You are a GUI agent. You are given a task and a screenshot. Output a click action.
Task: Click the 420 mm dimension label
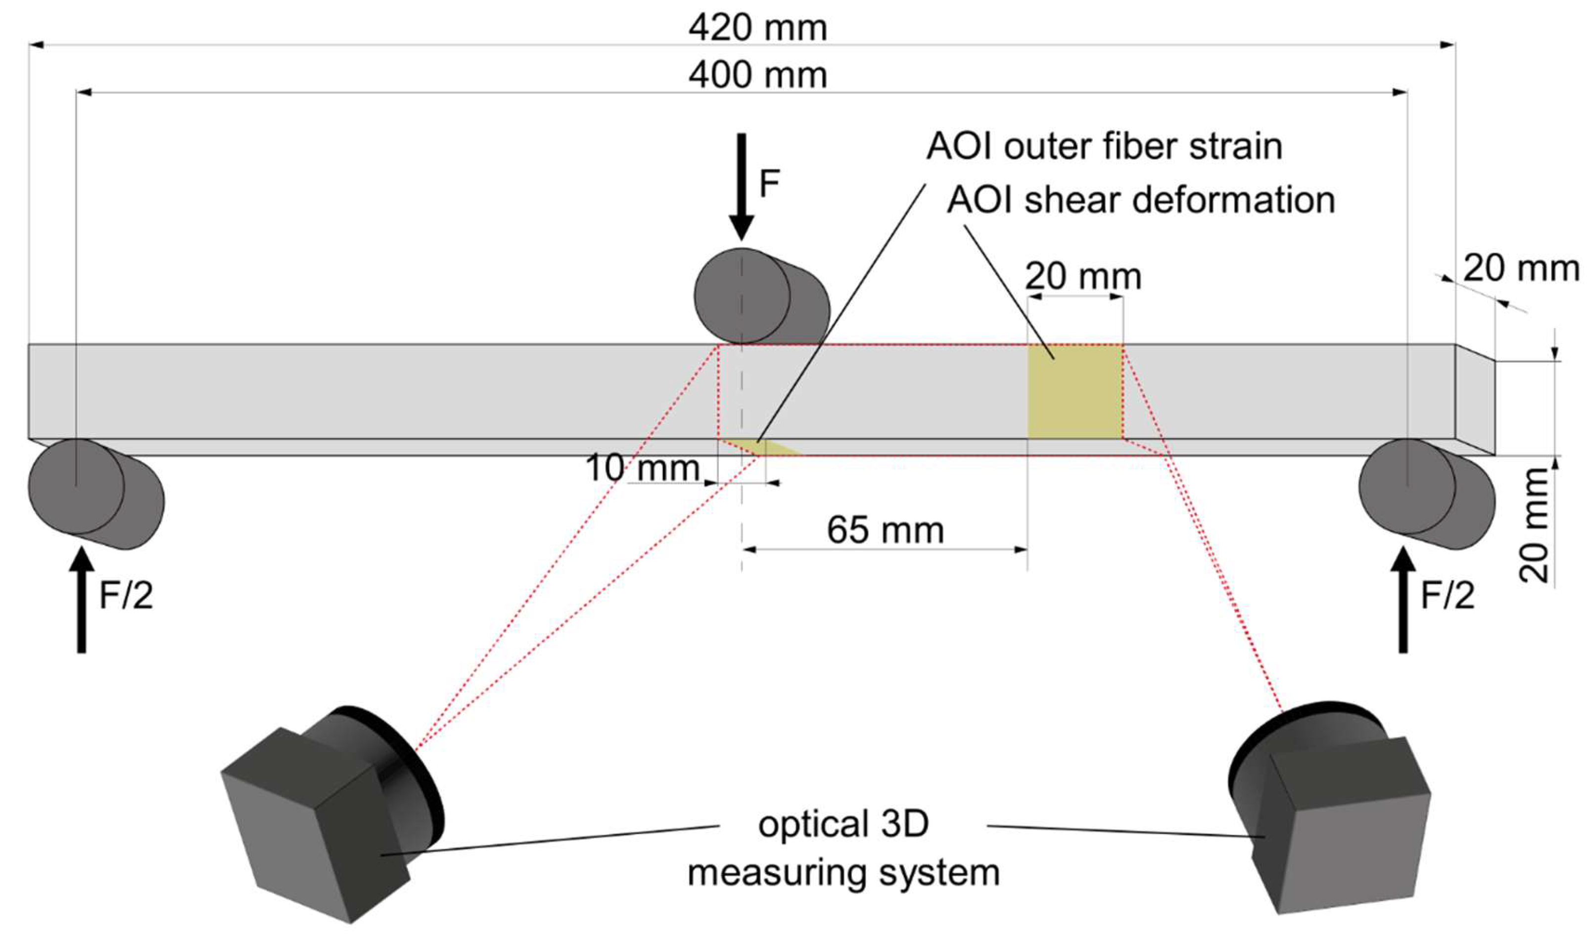click(x=757, y=28)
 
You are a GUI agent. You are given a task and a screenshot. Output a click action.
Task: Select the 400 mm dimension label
click(x=757, y=76)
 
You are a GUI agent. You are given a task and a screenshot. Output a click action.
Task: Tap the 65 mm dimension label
click(x=886, y=530)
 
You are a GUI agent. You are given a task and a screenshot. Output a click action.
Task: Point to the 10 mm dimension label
click(x=643, y=468)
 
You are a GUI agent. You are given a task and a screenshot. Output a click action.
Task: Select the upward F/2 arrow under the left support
click(x=82, y=600)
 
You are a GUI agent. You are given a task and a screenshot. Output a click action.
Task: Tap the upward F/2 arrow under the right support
click(x=1403, y=600)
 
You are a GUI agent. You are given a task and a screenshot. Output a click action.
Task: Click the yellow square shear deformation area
click(x=1075, y=391)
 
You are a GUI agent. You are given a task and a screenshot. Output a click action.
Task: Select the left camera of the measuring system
click(x=328, y=814)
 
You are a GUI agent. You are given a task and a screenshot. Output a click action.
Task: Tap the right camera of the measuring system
click(x=1326, y=814)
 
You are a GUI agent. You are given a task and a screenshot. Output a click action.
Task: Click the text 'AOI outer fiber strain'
click(x=1104, y=146)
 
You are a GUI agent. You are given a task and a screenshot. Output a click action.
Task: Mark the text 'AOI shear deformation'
click(x=1141, y=201)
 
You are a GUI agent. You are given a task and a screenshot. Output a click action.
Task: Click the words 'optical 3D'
click(x=843, y=825)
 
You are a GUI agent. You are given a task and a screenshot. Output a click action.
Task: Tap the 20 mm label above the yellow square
click(x=1083, y=277)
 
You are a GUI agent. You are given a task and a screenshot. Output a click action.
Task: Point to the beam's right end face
click(x=1475, y=399)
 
